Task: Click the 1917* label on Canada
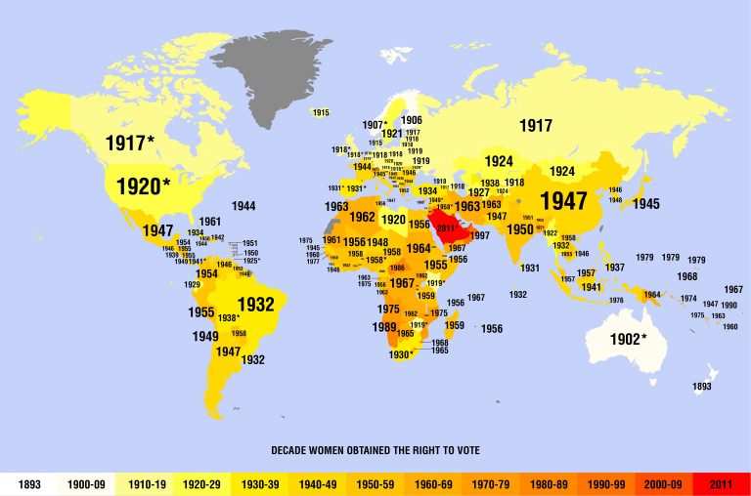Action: click(130, 145)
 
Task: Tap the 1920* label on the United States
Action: click(143, 186)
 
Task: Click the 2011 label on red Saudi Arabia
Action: click(447, 228)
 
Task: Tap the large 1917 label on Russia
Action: click(536, 126)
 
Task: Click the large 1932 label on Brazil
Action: click(255, 305)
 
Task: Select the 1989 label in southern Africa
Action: click(384, 328)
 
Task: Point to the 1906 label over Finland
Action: click(412, 120)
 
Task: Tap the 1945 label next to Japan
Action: click(645, 204)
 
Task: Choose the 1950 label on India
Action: click(520, 229)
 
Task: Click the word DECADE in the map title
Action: click(292, 450)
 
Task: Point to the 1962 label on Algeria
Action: click(362, 217)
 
